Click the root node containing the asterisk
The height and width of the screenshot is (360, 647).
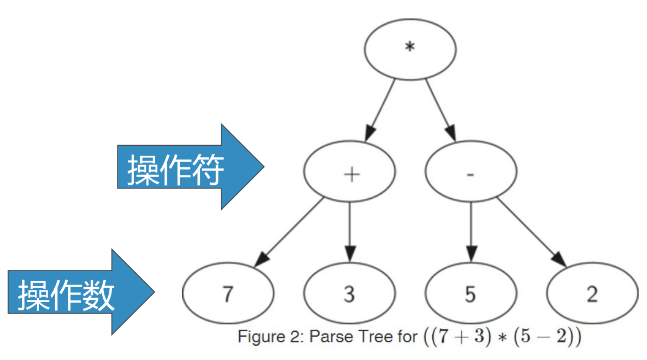pyautogui.click(x=410, y=49)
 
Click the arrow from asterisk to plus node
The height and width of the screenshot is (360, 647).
pyautogui.click(x=380, y=110)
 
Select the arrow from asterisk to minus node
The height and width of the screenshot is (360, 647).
pyautogui.click(x=441, y=110)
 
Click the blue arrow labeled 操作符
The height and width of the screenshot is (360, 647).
pyautogui.click(x=188, y=167)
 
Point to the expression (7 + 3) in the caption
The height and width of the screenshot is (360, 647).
pyautogui.click(x=460, y=337)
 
